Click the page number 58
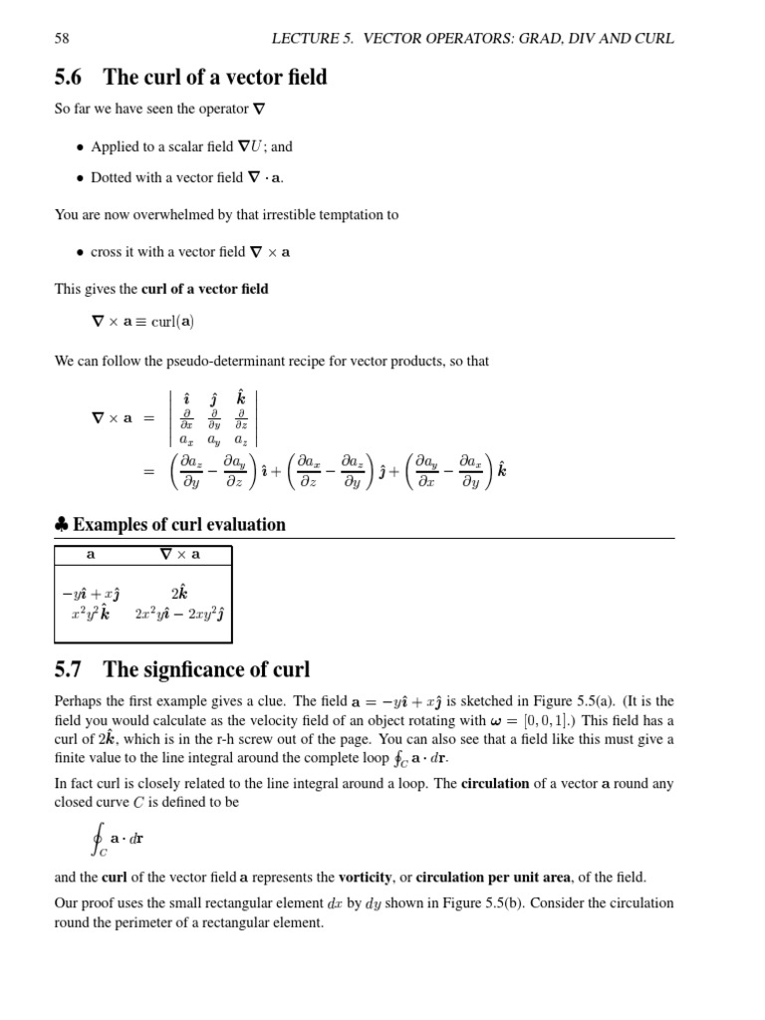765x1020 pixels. [62, 39]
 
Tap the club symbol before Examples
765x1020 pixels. [61, 525]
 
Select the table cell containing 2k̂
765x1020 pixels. [179, 593]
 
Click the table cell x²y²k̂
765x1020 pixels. [91, 614]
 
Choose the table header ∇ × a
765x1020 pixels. [179, 555]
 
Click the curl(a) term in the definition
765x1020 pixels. [171, 322]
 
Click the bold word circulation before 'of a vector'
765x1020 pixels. [495, 784]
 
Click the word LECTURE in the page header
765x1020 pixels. [305, 39]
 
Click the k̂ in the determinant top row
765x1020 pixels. [241, 398]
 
